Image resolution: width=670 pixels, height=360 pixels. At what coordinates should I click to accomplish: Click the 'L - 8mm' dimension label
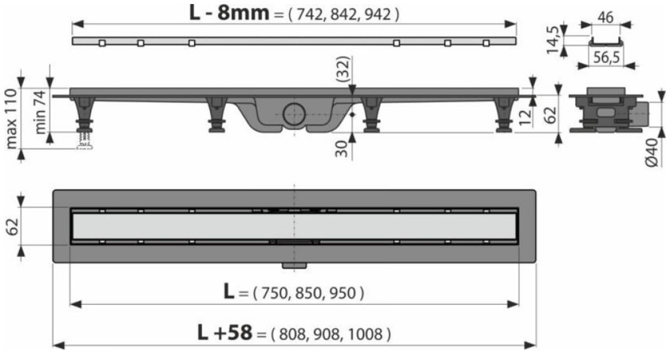229,13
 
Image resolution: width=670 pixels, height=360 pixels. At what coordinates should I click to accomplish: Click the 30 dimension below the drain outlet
342,148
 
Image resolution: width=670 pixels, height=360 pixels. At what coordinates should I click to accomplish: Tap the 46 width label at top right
605,17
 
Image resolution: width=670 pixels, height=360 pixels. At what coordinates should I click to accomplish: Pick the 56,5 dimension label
606,57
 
